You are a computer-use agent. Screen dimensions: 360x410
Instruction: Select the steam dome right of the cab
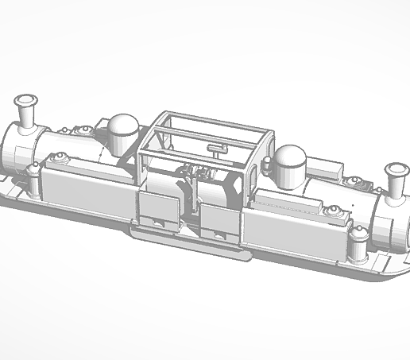pos(289,159)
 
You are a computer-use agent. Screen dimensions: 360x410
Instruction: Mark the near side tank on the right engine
pos(294,230)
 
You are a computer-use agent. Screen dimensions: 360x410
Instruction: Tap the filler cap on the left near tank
pos(60,157)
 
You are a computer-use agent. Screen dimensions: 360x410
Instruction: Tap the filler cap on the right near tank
pos(331,211)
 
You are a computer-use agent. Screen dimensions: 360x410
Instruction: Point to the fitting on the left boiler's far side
pos(81,130)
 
